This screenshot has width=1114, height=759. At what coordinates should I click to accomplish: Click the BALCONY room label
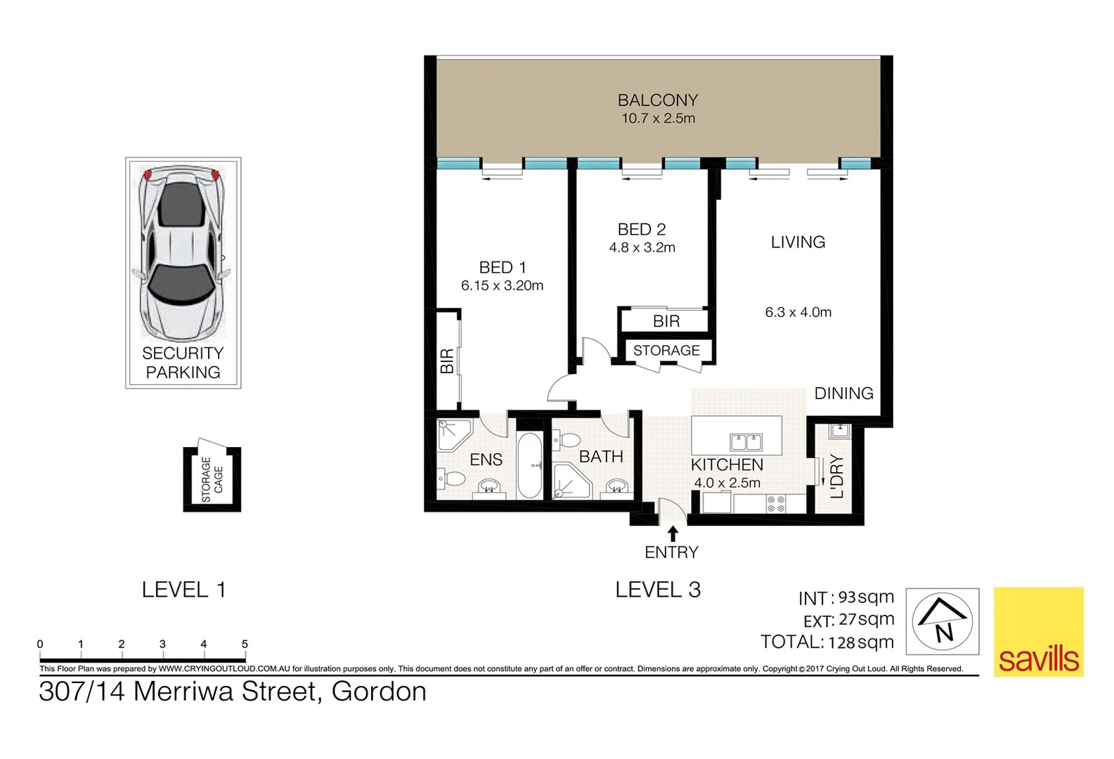click(x=657, y=100)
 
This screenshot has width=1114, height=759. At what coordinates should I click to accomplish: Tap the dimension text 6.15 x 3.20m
click(x=502, y=285)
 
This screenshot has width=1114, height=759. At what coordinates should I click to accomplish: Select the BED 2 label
click(x=641, y=229)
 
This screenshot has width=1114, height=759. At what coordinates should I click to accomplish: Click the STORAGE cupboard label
click(x=666, y=350)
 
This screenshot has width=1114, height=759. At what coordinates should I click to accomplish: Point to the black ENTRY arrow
click(x=673, y=533)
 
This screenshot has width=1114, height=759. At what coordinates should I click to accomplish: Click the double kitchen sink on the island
click(x=746, y=442)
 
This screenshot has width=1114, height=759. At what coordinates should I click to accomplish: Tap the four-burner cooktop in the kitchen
click(x=776, y=503)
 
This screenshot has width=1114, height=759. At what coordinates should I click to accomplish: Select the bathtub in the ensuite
click(x=529, y=465)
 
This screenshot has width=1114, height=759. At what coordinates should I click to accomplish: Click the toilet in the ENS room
click(x=453, y=480)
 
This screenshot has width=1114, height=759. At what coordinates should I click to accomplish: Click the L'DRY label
click(x=836, y=476)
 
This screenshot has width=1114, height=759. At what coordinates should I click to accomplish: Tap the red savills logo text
click(x=1038, y=659)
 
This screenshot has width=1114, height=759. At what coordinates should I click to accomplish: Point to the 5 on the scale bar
click(x=245, y=644)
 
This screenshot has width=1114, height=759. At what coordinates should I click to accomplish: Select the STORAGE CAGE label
click(x=212, y=479)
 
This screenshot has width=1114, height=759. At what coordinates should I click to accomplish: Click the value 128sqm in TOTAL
click(x=861, y=642)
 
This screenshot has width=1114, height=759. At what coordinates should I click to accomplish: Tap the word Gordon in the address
click(x=379, y=692)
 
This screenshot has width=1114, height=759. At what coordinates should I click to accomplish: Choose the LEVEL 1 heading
click(x=183, y=590)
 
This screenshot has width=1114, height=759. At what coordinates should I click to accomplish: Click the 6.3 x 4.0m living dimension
click(x=798, y=312)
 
